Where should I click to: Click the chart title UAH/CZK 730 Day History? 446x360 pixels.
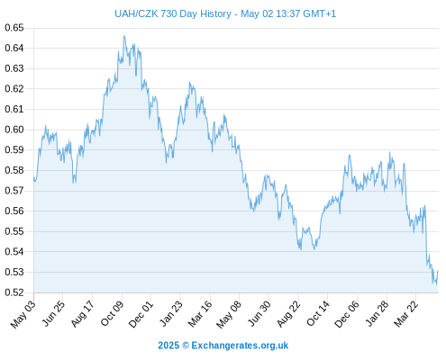(173, 13)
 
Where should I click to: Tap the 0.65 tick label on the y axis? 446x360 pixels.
(14, 28)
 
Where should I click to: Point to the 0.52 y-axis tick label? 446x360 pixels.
(14, 292)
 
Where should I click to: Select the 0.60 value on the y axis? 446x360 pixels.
(14, 130)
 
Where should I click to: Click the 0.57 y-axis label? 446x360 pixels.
(14, 191)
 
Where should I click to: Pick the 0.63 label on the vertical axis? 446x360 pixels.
(14, 68)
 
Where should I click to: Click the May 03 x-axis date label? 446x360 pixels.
(23, 314)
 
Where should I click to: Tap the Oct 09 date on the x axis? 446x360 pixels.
(112, 313)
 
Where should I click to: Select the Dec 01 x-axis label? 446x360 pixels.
(141, 314)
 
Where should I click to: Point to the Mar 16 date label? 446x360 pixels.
(200, 314)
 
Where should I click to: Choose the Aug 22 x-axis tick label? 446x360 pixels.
(288, 314)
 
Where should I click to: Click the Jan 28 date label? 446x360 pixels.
(377, 314)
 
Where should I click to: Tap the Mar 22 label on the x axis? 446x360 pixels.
(405, 314)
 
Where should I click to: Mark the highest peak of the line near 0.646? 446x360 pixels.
(124, 36)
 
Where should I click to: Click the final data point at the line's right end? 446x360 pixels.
(438, 272)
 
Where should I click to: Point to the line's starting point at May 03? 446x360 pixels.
(34, 179)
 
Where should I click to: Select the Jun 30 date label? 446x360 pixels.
(259, 313)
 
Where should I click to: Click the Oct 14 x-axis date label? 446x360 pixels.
(318, 313)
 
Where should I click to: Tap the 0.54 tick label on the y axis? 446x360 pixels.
(14, 251)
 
